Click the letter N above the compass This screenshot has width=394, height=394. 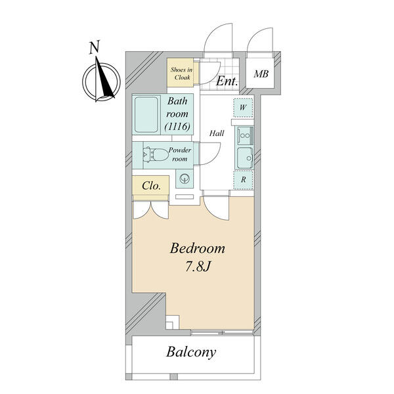95,47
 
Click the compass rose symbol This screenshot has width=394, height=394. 100,81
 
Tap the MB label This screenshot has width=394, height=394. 261,74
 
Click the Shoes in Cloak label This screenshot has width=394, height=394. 181,74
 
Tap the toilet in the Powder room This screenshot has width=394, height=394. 155,155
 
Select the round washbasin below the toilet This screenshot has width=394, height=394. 183,178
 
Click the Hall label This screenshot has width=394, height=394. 217,133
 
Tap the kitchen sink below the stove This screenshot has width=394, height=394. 244,158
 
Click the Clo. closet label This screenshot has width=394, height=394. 152,186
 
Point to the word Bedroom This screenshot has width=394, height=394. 198,249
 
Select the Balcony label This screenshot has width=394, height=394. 191,352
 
